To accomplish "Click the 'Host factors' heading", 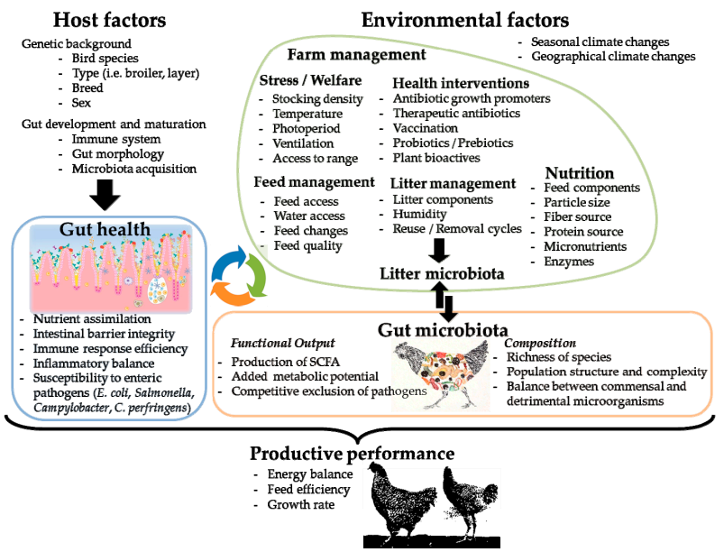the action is pos(109,20).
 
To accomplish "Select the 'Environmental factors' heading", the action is pos(465,20).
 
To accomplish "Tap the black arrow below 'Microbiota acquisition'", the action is pos(105,195).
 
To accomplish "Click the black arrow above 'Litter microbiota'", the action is pos(439,251).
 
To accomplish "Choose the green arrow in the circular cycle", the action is pos(255,276).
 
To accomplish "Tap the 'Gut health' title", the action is pos(105,229).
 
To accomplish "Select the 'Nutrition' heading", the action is pos(580,173).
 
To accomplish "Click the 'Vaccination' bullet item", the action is pos(426,128).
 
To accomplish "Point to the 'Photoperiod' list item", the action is pos(307,128).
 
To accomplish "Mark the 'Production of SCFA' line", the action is pos(285,362).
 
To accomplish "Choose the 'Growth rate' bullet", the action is pos(300,504).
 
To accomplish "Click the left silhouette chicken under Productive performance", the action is pos(402,501).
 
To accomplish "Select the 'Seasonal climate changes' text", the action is pos(600,42).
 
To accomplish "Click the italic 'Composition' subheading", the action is pos(540,343).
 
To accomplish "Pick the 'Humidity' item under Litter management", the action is pos(419,215).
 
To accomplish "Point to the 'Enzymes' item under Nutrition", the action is pos(569,262).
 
